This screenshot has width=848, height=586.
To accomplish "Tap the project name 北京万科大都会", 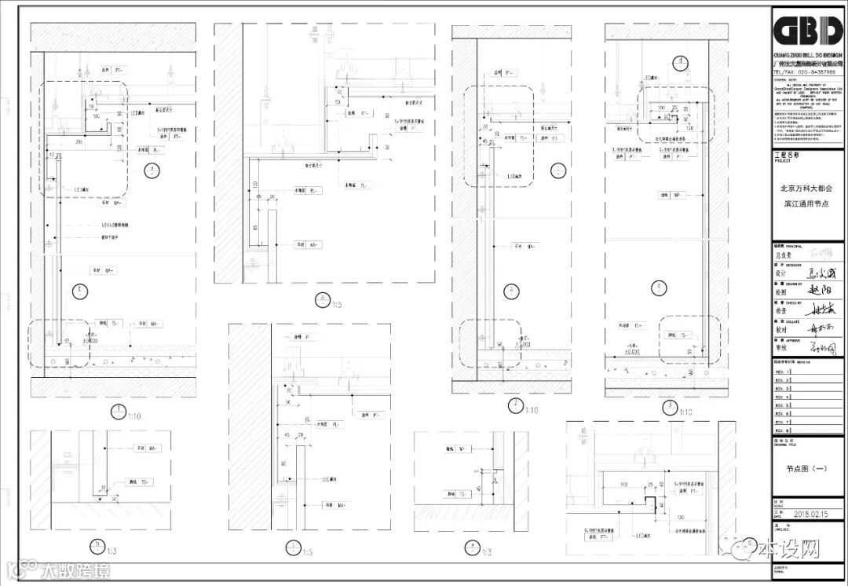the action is click(x=806, y=189).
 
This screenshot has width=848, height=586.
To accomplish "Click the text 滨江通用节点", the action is click(x=806, y=203).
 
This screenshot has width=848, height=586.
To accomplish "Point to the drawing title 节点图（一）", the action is click(x=806, y=469).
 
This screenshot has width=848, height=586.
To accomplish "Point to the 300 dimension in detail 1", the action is click(x=79, y=143).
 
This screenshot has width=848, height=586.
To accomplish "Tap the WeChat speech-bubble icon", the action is click(x=747, y=548).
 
